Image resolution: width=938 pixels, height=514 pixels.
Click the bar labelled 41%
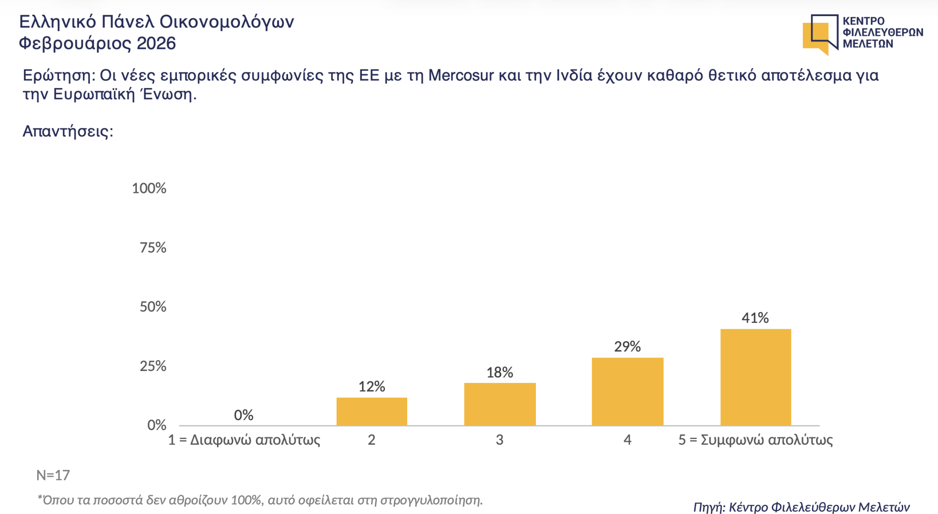[756, 377]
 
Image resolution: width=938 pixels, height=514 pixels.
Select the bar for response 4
[627, 391]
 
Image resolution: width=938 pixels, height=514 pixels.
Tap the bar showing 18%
[500, 404]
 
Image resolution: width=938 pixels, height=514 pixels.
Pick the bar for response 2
[371, 411]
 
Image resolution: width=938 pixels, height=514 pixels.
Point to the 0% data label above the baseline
[244, 415]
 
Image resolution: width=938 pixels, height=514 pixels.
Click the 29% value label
[627, 346]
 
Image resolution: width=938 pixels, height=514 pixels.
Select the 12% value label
[371, 387]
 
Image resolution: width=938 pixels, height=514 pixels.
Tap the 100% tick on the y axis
[149, 188]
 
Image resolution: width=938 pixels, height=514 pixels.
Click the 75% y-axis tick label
[153, 248]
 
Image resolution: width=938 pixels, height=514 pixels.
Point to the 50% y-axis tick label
[153, 307]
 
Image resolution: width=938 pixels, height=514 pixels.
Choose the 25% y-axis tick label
[153, 366]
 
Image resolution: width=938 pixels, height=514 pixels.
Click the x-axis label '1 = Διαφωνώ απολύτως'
[244, 440]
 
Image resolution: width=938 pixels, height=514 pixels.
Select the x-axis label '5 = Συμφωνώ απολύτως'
[756, 440]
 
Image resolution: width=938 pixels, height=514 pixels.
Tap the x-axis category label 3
[500, 440]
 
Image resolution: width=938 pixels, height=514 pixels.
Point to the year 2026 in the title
[156, 44]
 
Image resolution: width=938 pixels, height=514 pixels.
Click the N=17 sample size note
[53, 475]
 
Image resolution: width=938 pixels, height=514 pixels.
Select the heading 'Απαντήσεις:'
[68, 131]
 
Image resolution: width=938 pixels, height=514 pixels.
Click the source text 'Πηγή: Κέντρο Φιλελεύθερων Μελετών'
[801, 507]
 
